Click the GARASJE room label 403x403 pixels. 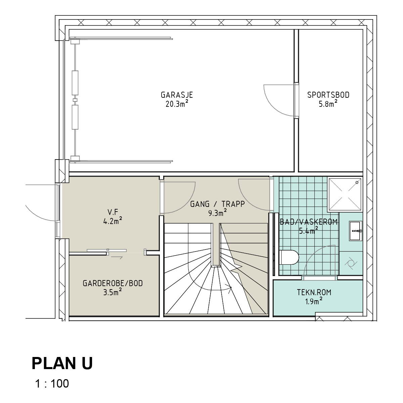point(177,95)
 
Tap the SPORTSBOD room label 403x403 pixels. point(328,95)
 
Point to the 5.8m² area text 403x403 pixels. point(328,103)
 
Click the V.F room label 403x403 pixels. point(113,212)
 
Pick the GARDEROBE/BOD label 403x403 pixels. point(113,283)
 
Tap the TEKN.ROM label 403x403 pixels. point(314,293)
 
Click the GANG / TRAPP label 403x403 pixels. point(218,204)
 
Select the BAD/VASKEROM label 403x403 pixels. point(309,222)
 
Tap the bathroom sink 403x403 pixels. point(356,231)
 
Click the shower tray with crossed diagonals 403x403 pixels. point(345,194)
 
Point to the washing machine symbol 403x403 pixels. point(351,264)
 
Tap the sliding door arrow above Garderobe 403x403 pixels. point(117,258)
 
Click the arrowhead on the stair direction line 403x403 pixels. point(230,289)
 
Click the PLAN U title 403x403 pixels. point(62,364)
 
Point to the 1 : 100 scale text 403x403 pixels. point(52,384)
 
